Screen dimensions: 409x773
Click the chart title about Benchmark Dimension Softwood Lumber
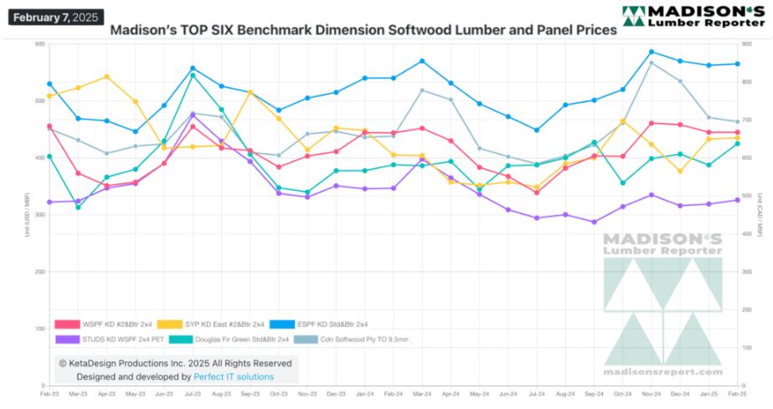coord(363,28)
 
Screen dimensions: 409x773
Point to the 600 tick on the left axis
coord(39,43)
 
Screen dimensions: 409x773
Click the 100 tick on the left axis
coord(39,329)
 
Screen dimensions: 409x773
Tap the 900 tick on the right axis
coord(749,43)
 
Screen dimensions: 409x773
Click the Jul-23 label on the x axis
coord(193,391)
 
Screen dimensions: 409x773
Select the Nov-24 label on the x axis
coord(651,391)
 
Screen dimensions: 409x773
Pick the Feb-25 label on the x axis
coord(737,391)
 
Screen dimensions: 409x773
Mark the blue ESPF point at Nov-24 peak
coord(651,52)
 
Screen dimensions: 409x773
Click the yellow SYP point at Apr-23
coord(106,77)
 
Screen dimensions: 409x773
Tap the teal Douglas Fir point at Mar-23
coord(78,207)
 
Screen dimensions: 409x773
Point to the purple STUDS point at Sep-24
coord(594,222)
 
